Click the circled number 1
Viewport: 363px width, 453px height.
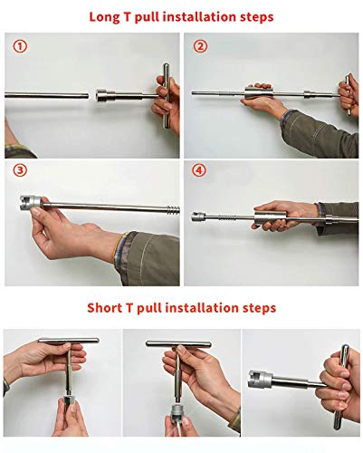tap(20, 45)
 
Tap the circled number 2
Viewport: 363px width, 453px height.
tap(200, 45)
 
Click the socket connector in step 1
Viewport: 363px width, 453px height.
tap(111, 93)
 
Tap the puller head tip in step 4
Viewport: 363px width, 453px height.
tap(198, 218)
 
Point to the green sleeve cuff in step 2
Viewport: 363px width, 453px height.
tap(299, 127)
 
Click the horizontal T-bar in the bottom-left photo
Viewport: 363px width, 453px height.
tap(67, 342)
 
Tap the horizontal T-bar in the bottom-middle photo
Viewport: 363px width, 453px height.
tap(182, 345)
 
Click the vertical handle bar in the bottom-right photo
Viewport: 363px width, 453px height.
tap(342, 381)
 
